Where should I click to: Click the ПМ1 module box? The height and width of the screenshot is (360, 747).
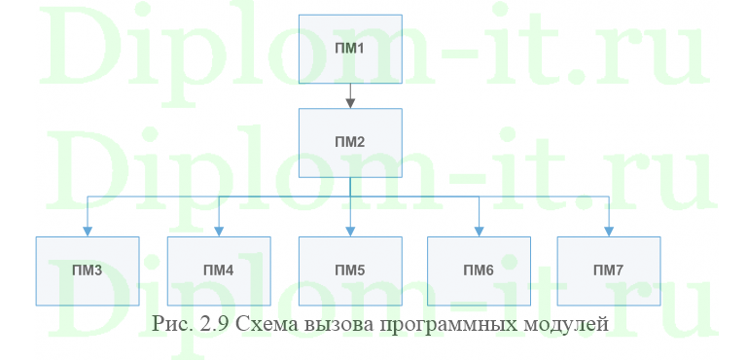pyautogui.click(x=349, y=50)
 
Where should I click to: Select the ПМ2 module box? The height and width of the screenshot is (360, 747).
pyautogui.click(x=349, y=142)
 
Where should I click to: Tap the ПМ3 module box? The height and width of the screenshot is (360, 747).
pyautogui.click(x=87, y=270)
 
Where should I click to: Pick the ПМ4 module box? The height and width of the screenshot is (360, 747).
pyautogui.click(x=218, y=270)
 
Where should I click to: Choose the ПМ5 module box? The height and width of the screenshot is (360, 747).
pyautogui.click(x=349, y=270)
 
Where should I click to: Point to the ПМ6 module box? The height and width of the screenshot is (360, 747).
pyautogui.click(x=479, y=270)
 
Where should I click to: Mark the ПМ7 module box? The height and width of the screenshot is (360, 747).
pyautogui.click(x=609, y=270)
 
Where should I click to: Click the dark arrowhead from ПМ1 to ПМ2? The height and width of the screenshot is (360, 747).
pyautogui.click(x=349, y=101)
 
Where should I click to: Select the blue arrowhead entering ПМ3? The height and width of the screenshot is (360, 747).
pyautogui.click(x=88, y=231)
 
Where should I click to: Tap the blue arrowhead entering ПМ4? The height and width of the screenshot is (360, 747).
pyautogui.click(x=218, y=231)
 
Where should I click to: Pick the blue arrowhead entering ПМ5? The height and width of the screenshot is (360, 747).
pyautogui.click(x=349, y=231)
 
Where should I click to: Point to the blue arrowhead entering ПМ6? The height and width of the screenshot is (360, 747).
pyautogui.click(x=479, y=231)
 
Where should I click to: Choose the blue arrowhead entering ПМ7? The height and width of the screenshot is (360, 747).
pyautogui.click(x=609, y=231)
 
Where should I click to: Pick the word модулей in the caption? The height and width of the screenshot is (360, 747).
pyautogui.click(x=567, y=323)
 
